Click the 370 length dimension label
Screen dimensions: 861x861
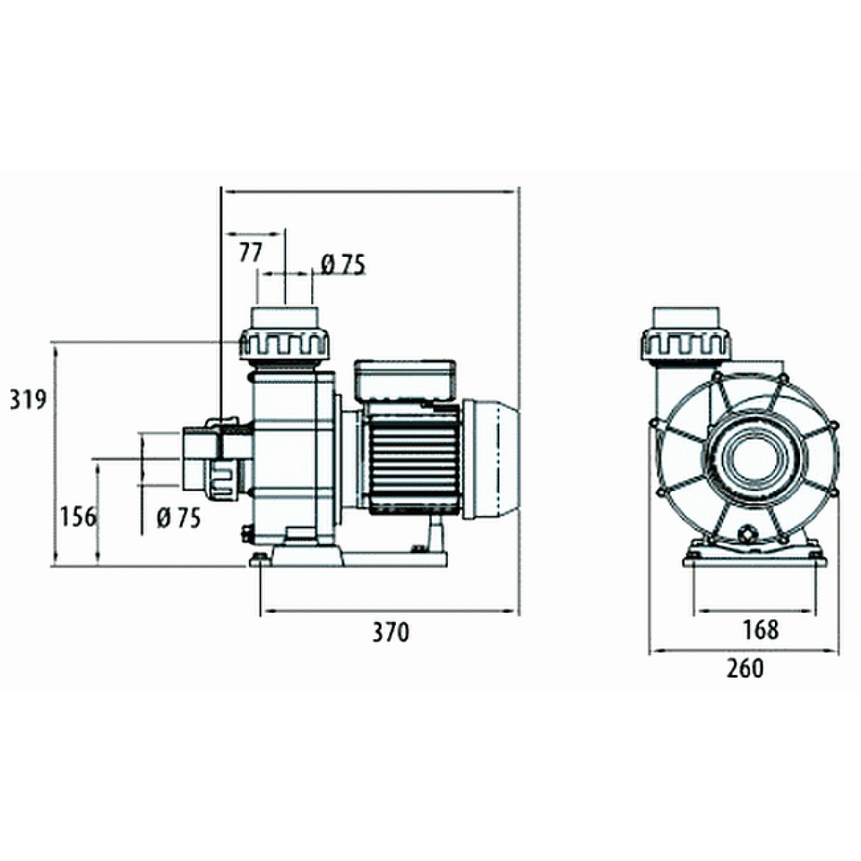coord(390,632)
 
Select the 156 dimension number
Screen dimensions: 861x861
coord(77,517)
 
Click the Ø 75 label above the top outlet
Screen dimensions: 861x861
coord(344,265)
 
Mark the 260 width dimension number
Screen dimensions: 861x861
coord(745,669)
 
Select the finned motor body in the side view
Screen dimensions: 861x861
coord(413,459)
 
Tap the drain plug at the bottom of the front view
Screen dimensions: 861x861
coord(747,535)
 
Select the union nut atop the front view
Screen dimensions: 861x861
coord(687,345)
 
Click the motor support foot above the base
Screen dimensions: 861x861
coord(434,535)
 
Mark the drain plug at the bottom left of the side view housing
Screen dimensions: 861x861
coord(248,535)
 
